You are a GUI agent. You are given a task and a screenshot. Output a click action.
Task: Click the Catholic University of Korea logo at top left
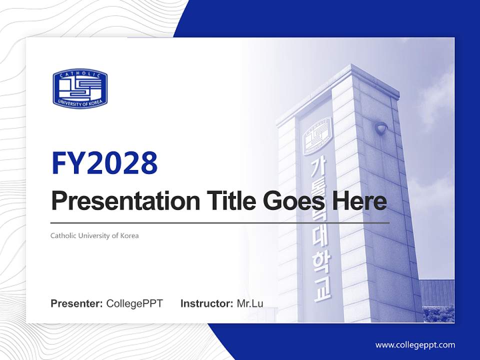click(80, 88)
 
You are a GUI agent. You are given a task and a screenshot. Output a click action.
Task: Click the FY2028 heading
click(104, 163)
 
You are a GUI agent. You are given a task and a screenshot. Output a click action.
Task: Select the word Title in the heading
click(225, 201)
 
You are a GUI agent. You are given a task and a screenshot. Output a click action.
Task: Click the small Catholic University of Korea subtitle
click(94, 235)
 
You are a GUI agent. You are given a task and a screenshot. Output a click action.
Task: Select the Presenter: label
click(77, 303)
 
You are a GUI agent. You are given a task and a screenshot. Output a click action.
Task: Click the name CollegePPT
click(134, 303)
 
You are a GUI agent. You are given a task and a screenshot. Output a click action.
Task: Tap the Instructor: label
click(206, 303)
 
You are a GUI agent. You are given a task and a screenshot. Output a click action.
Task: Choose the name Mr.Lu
click(249, 303)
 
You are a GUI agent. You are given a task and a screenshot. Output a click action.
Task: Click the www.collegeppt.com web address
click(415, 344)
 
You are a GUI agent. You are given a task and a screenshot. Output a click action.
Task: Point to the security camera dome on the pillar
click(381, 128)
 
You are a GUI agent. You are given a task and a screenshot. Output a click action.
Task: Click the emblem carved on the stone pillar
click(318, 136)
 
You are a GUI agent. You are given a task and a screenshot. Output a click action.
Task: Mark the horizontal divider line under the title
click(220, 222)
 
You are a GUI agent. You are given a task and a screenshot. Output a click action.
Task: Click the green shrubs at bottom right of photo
click(438, 313)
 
